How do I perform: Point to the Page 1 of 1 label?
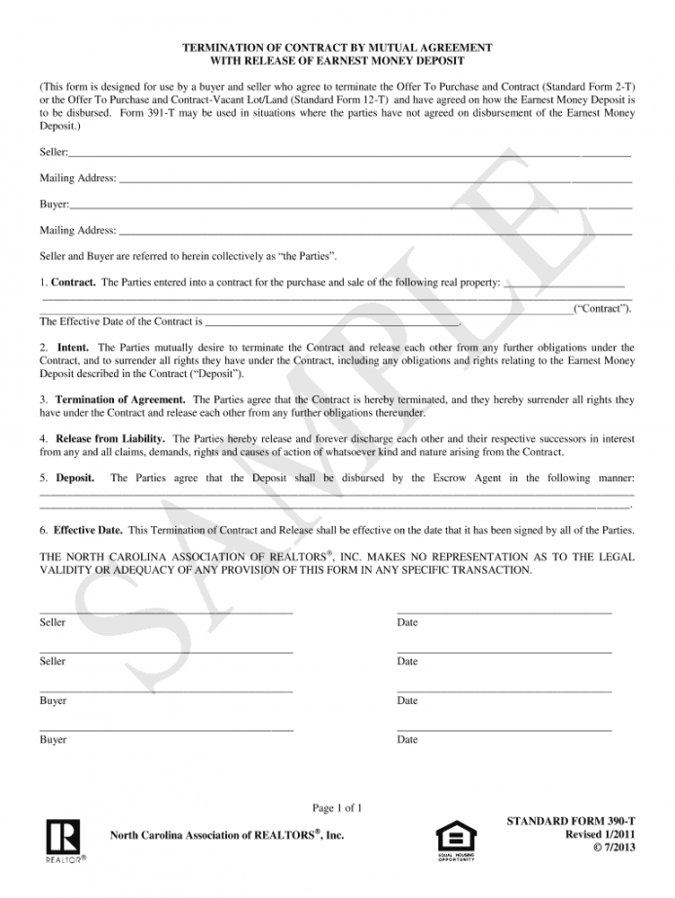pyautogui.click(x=337, y=807)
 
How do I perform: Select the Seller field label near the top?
pyautogui.click(x=54, y=153)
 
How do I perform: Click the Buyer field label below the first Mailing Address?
pyautogui.click(x=54, y=205)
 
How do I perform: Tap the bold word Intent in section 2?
pyautogui.click(x=73, y=347)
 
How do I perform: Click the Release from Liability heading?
pyautogui.click(x=110, y=438)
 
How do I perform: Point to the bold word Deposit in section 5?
pyautogui.click(x=75, y=478)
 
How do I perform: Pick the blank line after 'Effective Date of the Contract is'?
pyautogui.click(x=331, y=321)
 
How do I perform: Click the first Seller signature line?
pyautogui.click(x=166, y=612)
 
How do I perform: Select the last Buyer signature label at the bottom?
pyautogui.click(x=54, y=739)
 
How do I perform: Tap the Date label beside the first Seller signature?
pyautogui.click(x=407, y=622)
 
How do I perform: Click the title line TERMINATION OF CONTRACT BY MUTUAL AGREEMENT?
pyautogui.click(x=337, y=47)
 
